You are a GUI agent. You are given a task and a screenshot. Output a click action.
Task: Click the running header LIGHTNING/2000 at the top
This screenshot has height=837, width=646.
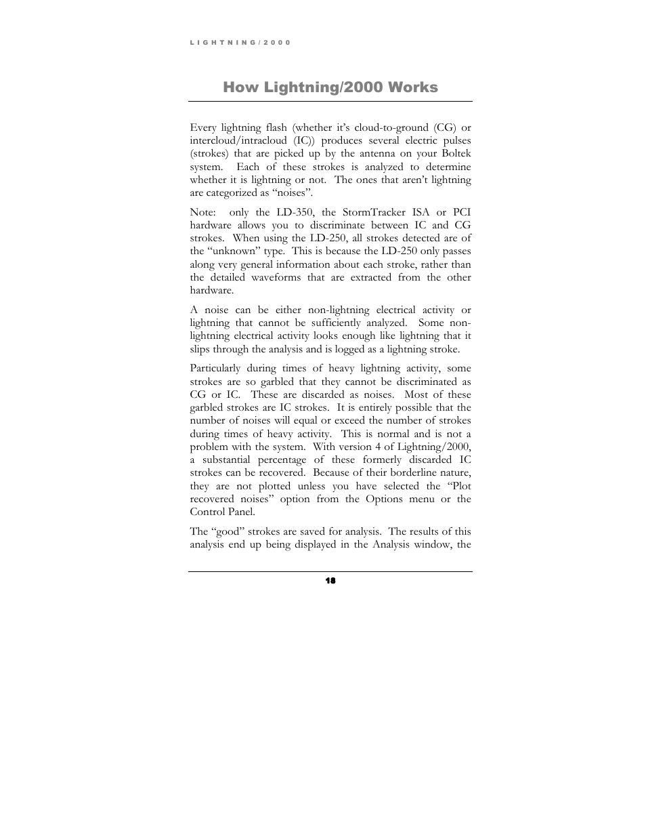click(x=240, y=42)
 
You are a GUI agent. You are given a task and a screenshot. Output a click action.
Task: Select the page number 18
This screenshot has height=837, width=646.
click(x=330, y=581)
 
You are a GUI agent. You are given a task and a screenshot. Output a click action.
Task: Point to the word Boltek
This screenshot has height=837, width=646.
click(x=456, y=153)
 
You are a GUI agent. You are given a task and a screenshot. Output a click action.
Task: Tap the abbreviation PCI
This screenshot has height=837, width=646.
click(x=462, y=212)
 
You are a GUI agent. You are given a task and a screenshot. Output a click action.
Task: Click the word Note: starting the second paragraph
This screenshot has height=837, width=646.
click(x=204, y=212)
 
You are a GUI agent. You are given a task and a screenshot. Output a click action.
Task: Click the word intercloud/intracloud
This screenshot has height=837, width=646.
click(x=234, y=140)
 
